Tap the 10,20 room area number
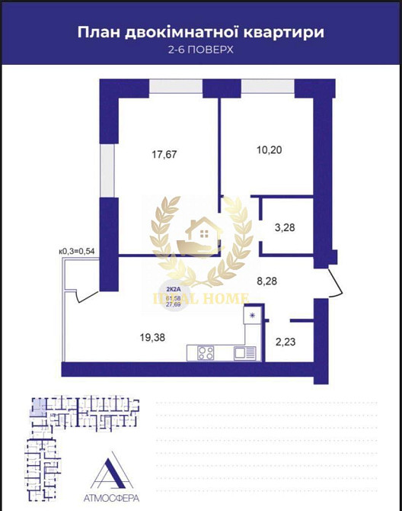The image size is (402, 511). click(269, 149)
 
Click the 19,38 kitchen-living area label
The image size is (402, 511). click(155, 333)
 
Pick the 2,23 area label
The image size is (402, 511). click(285, 342)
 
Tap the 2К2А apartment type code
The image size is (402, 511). click(173, 289)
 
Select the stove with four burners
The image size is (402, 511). click(206, 352)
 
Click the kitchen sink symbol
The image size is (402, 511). click(244, 352)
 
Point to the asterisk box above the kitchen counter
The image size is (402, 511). click(253, 314)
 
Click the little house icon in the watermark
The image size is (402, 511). click(202, 230)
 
